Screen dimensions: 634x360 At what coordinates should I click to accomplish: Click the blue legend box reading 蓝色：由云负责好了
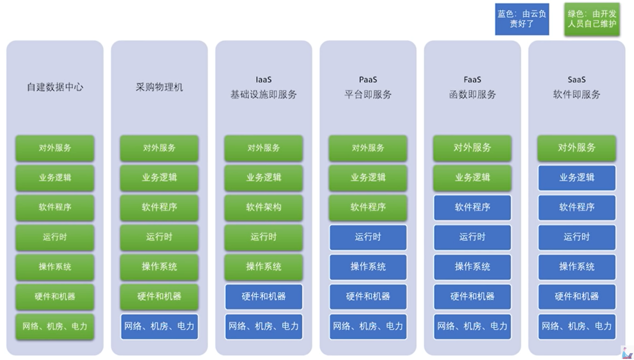[522, 19]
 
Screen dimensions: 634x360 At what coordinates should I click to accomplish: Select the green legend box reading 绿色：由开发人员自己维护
[592, 19]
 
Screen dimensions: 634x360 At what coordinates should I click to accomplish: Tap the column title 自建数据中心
[55, 87]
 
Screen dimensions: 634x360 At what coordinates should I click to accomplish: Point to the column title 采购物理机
[159, 87]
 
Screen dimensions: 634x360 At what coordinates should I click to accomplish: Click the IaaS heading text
[264, 80]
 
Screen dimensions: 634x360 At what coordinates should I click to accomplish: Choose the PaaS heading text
[368, 80]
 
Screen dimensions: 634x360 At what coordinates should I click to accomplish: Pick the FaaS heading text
[472, 80]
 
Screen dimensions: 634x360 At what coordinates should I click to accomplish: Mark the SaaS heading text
[577, 80]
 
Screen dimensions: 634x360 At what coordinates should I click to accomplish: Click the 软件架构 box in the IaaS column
[264, 207]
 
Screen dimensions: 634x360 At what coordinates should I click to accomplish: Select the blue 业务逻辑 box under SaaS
[577, 178]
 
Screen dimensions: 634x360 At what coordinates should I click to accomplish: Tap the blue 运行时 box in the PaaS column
[368, 237]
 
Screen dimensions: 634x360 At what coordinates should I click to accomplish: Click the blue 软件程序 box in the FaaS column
[472, 207]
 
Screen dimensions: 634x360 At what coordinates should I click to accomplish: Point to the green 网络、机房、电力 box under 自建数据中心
[55, 327]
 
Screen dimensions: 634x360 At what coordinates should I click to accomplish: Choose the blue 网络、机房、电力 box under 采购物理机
[159, 327]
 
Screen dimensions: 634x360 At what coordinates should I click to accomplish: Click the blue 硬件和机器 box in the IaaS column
[264, 297]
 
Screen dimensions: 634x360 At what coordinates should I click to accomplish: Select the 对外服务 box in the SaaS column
[577, 148]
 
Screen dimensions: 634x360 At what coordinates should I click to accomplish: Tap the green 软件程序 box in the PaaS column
[368, 207]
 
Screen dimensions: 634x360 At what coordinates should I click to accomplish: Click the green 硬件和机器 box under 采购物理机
[159, 297]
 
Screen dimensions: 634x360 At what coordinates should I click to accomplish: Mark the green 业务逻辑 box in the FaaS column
[472, 178]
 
